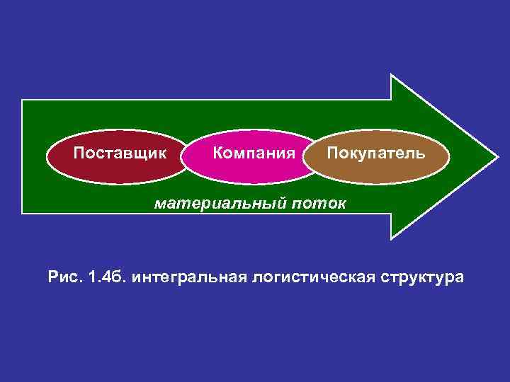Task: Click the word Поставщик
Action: (120, 154)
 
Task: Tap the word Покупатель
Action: (376, 154)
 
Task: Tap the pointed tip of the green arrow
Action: (497, 156)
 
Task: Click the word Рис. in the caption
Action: (65, 277)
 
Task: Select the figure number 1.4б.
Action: (106, 277)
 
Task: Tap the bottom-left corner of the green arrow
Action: (23, 212)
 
